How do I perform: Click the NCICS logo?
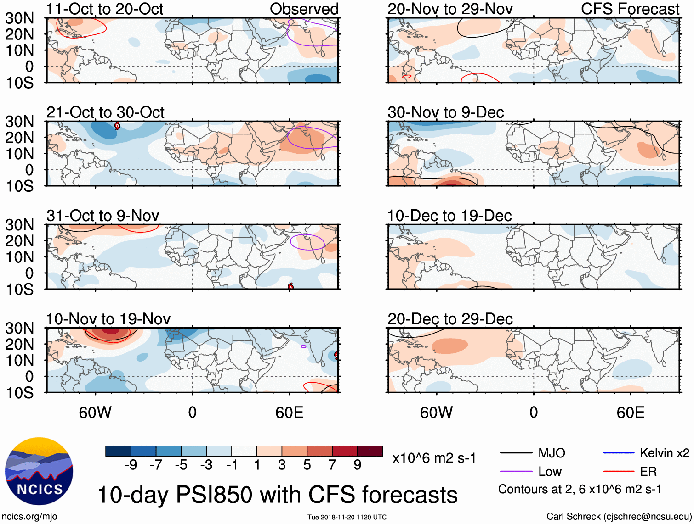pyautogui.click(x=39, y=471)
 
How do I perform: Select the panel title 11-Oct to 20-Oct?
pyautogui.click(x=105, y=9)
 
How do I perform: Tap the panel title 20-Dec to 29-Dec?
pyautogui.click(x=450, y=319)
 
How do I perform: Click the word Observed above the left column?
pyautogui.click(x=304, y=9)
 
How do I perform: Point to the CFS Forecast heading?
pyautogui.click(x=630, y=9)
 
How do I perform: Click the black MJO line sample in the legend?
pyautogui.click(x=516, y=453)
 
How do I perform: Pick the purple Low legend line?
pyautogui.click(x=516, y=472)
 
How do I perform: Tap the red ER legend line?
pyautogui.click(x=619, y=472)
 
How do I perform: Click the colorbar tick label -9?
pyautogui.click(x=131, y=465)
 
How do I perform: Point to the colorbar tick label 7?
pyautogui.click(x=332, y=465)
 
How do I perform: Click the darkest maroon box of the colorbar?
pyautogui.click(x=370, y=451)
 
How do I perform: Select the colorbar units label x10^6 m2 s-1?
pyautogui.click(x=434, y=458)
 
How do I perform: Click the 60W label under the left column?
pyautogui.click(x=95, y=413)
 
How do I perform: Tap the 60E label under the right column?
pyautogui.click(x=630, y=413)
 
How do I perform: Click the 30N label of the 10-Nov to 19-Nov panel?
pyautogui.click(x=19, y=328)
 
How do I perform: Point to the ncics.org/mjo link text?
pyautogui.click(x=29, y=517)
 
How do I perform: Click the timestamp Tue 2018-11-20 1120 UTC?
pyautogui.click(x=347, y=517)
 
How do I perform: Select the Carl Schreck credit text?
pyautogui.click(x=619, y=517)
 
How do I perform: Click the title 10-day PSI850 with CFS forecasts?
pyautogui.click(x=277, y=495)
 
